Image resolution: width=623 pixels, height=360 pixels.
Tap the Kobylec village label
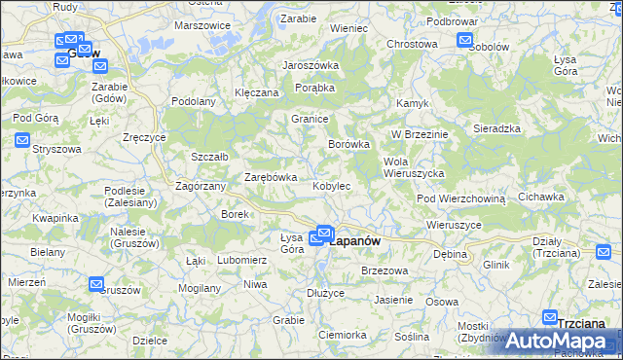tap(332, 185)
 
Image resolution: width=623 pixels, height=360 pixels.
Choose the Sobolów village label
tap(489, 46)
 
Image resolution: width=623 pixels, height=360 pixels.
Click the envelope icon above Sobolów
tap(464, 41)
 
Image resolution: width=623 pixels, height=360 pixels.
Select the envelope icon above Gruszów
tap(96, 284)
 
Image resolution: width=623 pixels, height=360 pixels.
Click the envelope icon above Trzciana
tap(550, 318)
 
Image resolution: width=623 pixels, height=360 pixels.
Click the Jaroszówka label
tap(311, 65)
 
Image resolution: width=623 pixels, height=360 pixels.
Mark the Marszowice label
tap(202, 25)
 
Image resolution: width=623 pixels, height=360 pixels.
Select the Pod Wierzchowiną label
tap(461, 198)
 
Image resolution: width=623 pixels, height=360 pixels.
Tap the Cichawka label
tap(541, 197)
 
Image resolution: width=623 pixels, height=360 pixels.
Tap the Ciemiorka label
tap(341, 334)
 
